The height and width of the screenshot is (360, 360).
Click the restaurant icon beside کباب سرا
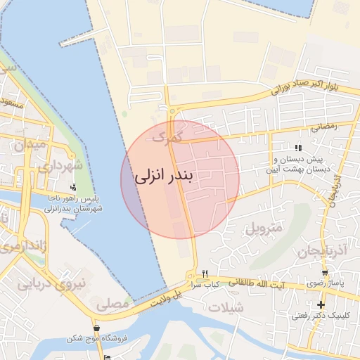[205, 274]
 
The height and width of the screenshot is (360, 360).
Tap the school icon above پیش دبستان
[298, 148]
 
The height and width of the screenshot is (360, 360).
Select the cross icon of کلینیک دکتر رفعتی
[321, 305]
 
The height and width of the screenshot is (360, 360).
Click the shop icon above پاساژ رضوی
[324, 273]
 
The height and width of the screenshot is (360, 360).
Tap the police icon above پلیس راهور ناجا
[74, 188]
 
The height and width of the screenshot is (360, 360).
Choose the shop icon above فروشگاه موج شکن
[96, 328]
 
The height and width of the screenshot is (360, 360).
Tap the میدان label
[30, 145]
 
